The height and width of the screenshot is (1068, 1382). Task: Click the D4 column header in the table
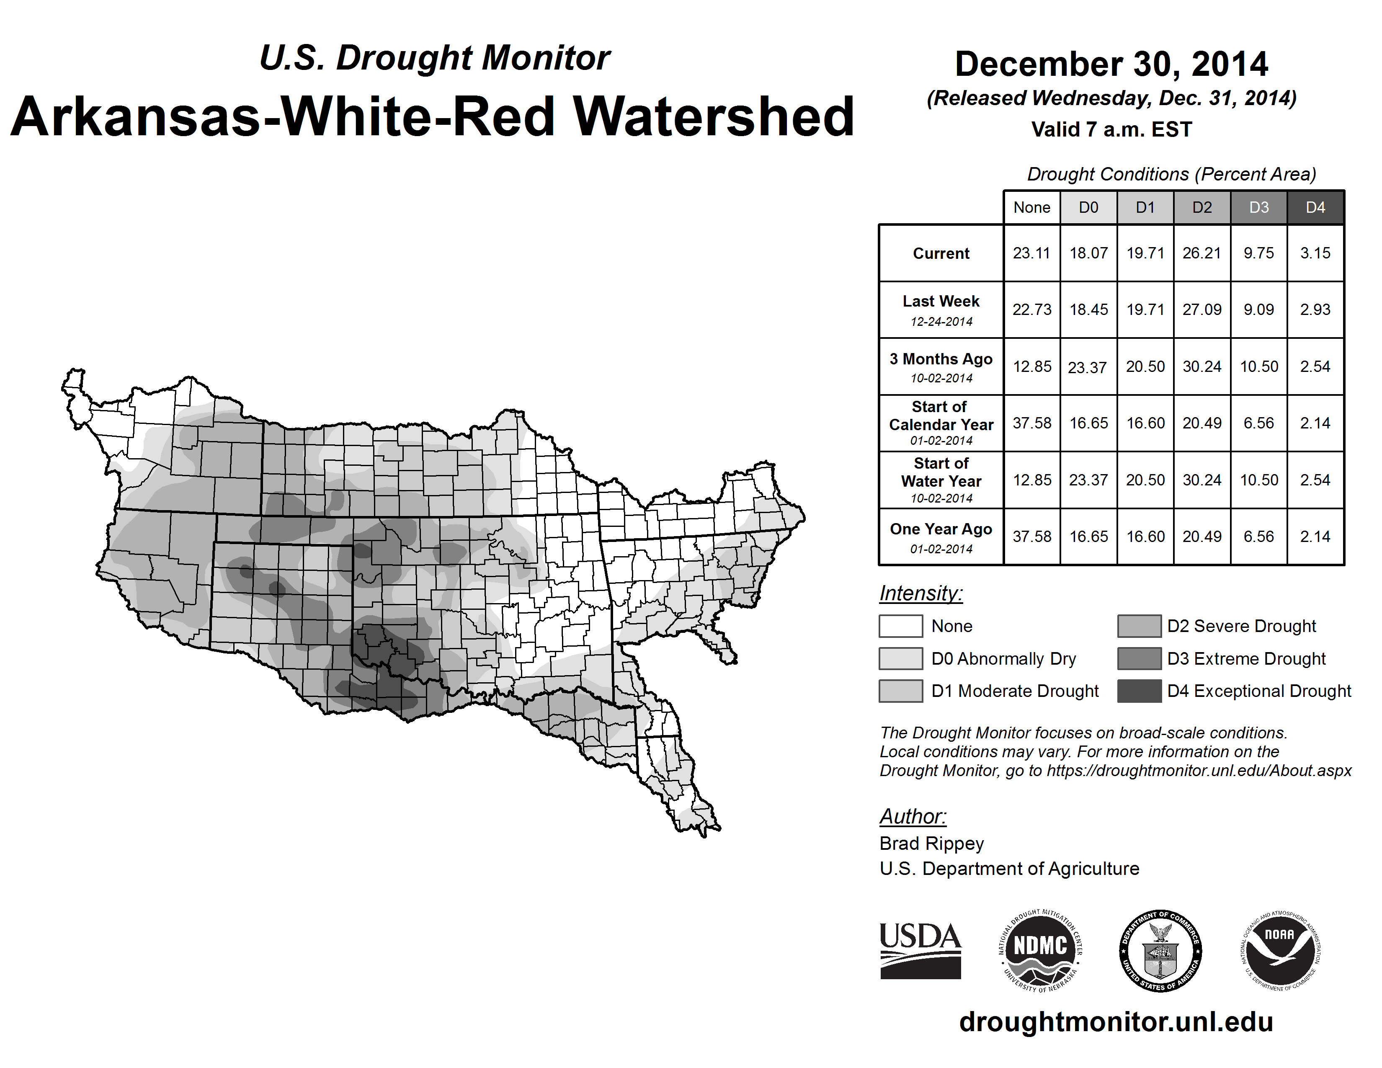1315,207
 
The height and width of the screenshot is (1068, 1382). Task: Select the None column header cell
1031,207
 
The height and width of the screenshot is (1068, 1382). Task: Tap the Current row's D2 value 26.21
1202,253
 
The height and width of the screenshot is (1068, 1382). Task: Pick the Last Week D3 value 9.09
1258,310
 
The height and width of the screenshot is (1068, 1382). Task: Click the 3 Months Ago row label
941,359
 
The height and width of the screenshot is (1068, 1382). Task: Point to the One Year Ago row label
941,529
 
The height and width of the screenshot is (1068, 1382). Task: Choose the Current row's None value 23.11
1031,253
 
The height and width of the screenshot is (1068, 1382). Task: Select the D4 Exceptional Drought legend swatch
1139,691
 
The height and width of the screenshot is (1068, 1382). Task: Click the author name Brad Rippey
931,844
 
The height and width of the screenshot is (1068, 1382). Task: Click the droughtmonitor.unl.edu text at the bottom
1116,1022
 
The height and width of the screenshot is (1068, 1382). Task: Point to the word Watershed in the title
713,116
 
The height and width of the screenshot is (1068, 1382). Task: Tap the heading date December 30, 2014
1111,64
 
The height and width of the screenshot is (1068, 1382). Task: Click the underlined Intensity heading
920,593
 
